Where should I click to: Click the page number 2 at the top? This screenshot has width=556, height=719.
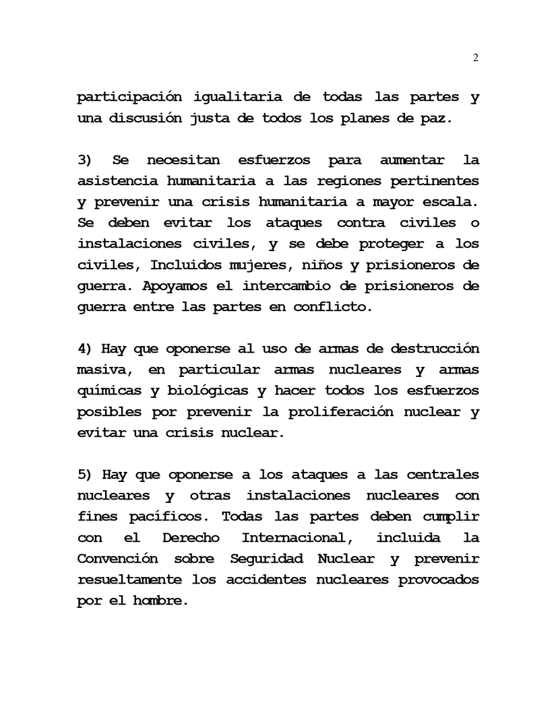tap(475, 59)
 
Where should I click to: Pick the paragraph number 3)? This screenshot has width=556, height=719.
tap(84, 160)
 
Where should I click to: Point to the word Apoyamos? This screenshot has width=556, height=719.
tap(175, 286)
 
